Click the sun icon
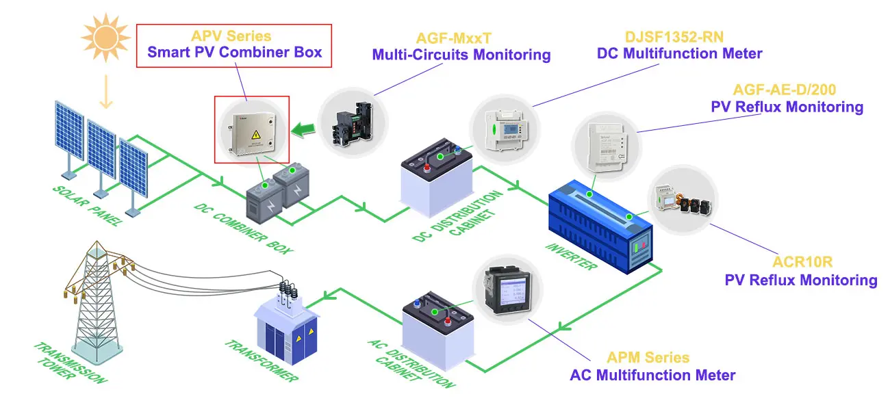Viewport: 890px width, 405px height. tap(105, 34)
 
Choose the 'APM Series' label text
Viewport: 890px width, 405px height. tap(648, 358)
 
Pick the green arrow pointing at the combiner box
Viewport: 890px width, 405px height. tap(302, 127)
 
